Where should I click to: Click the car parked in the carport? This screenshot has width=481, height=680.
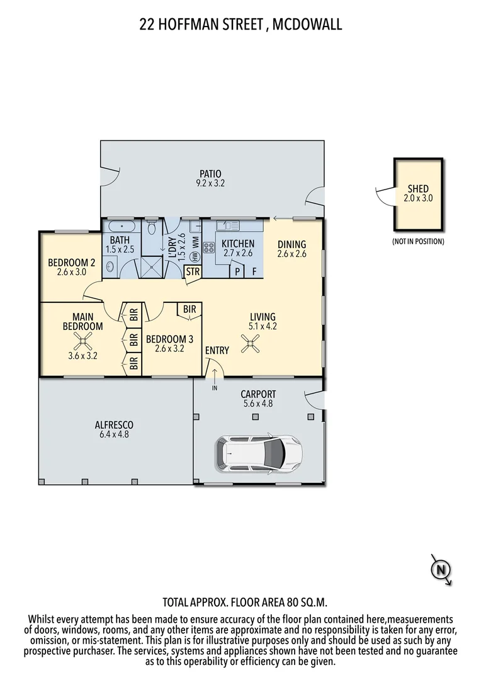pyautogui.click(x=259, y=451)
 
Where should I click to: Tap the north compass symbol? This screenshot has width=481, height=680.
pyautogui.click(x=441, y=570)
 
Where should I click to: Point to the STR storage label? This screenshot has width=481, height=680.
pyautogui.click(x=192, y=272)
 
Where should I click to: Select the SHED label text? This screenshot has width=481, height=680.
pyautogui.click(x=418, y=189)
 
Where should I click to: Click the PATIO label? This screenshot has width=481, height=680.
pyautogui.click(x=210, y=174)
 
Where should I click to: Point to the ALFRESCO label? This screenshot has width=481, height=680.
pyautogui.click(x=114, y=424)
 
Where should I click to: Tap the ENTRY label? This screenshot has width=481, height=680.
pyautogui.click(x=217, y=350)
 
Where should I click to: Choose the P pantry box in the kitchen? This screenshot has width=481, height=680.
pyautogui.click(x=237, y=271)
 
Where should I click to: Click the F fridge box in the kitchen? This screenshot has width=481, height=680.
pyautogui.click(x=254, y=271)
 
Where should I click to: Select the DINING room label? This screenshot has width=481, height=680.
pyautogui.click(x=291, y=244)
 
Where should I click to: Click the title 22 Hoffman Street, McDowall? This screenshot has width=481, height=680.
pyautogui.click(x=241, y=25)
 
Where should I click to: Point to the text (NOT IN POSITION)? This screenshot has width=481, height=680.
pyautogui.click(x=417, y=241)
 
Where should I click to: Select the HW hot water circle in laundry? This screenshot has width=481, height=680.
pyautogui.click(x=195, y=256)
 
